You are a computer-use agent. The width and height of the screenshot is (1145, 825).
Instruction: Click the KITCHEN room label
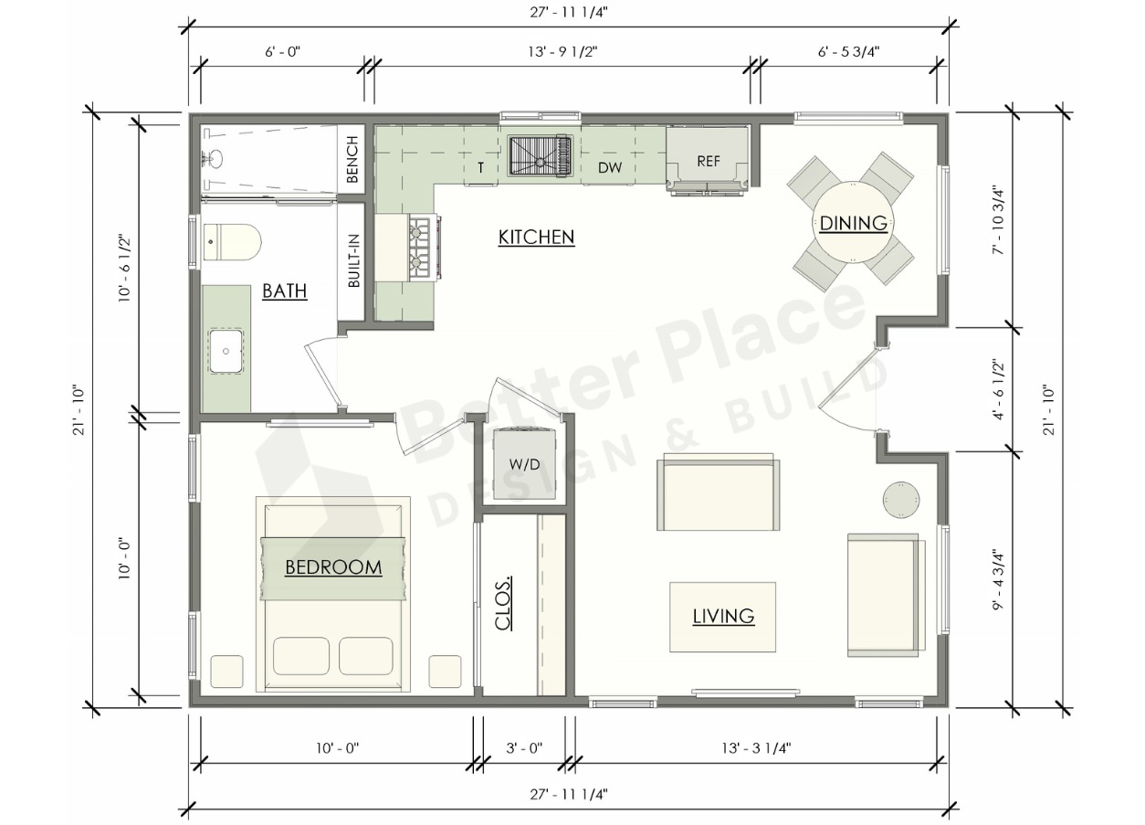536,237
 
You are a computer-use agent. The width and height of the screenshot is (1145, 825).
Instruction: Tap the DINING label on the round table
853,223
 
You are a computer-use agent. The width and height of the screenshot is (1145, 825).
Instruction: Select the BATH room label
285,291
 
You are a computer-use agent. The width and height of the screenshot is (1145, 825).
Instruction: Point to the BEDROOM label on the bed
333,566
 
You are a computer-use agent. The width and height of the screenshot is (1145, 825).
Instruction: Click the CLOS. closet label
503,603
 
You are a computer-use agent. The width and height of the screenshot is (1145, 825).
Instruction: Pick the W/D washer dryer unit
524,463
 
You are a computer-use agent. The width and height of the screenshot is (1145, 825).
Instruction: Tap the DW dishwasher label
610,167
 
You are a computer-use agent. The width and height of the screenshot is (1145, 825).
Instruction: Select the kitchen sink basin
540,155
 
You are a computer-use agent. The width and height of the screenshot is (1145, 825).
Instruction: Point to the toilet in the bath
232,241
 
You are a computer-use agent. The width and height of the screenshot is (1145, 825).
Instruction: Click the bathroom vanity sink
226,351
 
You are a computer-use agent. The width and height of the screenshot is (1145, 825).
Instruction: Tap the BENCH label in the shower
352,159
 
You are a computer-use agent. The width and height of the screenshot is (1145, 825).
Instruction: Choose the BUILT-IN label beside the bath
353,260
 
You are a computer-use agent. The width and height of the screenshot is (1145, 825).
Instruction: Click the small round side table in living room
901,499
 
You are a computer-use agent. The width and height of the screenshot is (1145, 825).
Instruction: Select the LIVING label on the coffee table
723,616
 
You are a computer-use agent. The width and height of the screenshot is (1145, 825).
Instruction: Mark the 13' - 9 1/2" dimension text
562,52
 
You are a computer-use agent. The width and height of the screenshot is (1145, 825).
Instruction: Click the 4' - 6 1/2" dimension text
998,390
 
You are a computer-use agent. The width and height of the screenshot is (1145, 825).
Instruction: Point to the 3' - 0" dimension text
524,747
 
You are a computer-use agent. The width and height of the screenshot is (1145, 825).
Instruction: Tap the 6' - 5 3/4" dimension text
848,52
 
